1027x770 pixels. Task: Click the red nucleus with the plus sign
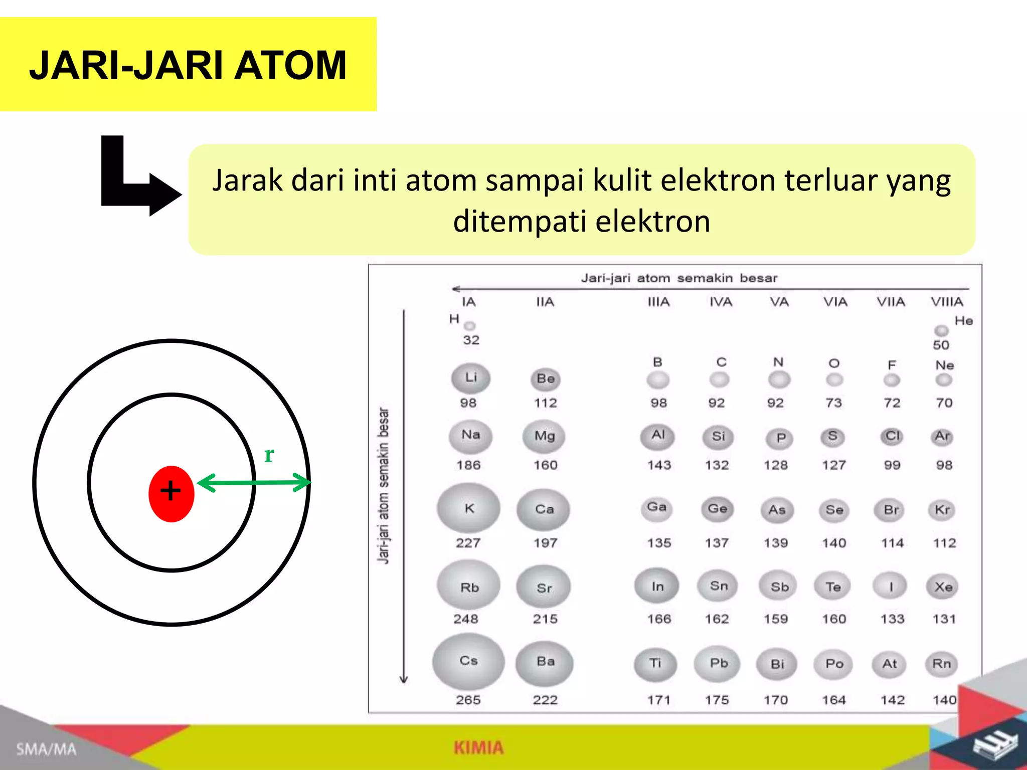click(171, 493)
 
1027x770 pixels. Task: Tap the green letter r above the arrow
click(269, 455)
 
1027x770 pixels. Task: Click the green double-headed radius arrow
click(254, 483)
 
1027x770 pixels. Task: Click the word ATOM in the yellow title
click(290, 66)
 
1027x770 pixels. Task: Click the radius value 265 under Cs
click(468, 700)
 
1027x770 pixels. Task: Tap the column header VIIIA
click(947, 302)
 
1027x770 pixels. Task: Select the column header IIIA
click(658, 302)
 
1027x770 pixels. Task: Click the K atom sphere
click(468, 508)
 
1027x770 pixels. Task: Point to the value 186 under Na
click(468, 465)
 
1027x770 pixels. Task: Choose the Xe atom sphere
click(943, 587)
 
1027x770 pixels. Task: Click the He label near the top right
click(963, 321)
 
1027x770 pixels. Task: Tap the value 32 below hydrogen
click(471, 340)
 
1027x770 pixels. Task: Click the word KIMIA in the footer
click(478, 747)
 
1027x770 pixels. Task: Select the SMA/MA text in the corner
click(46, 749)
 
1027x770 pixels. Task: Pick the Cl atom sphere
click(892, 436)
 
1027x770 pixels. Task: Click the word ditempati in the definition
click(520, 222)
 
